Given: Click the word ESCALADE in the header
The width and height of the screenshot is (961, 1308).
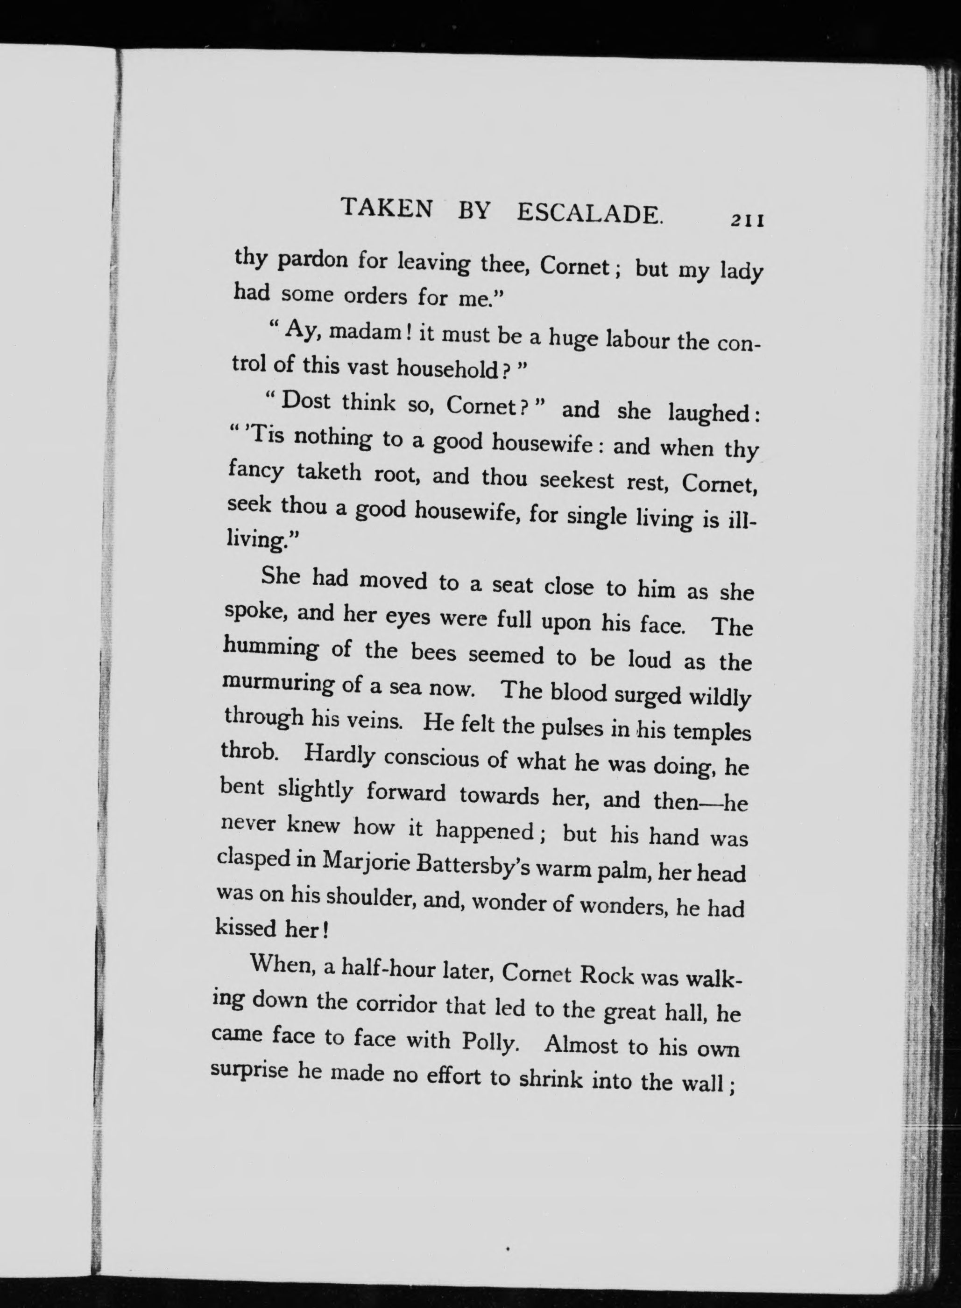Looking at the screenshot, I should (589, 213).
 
